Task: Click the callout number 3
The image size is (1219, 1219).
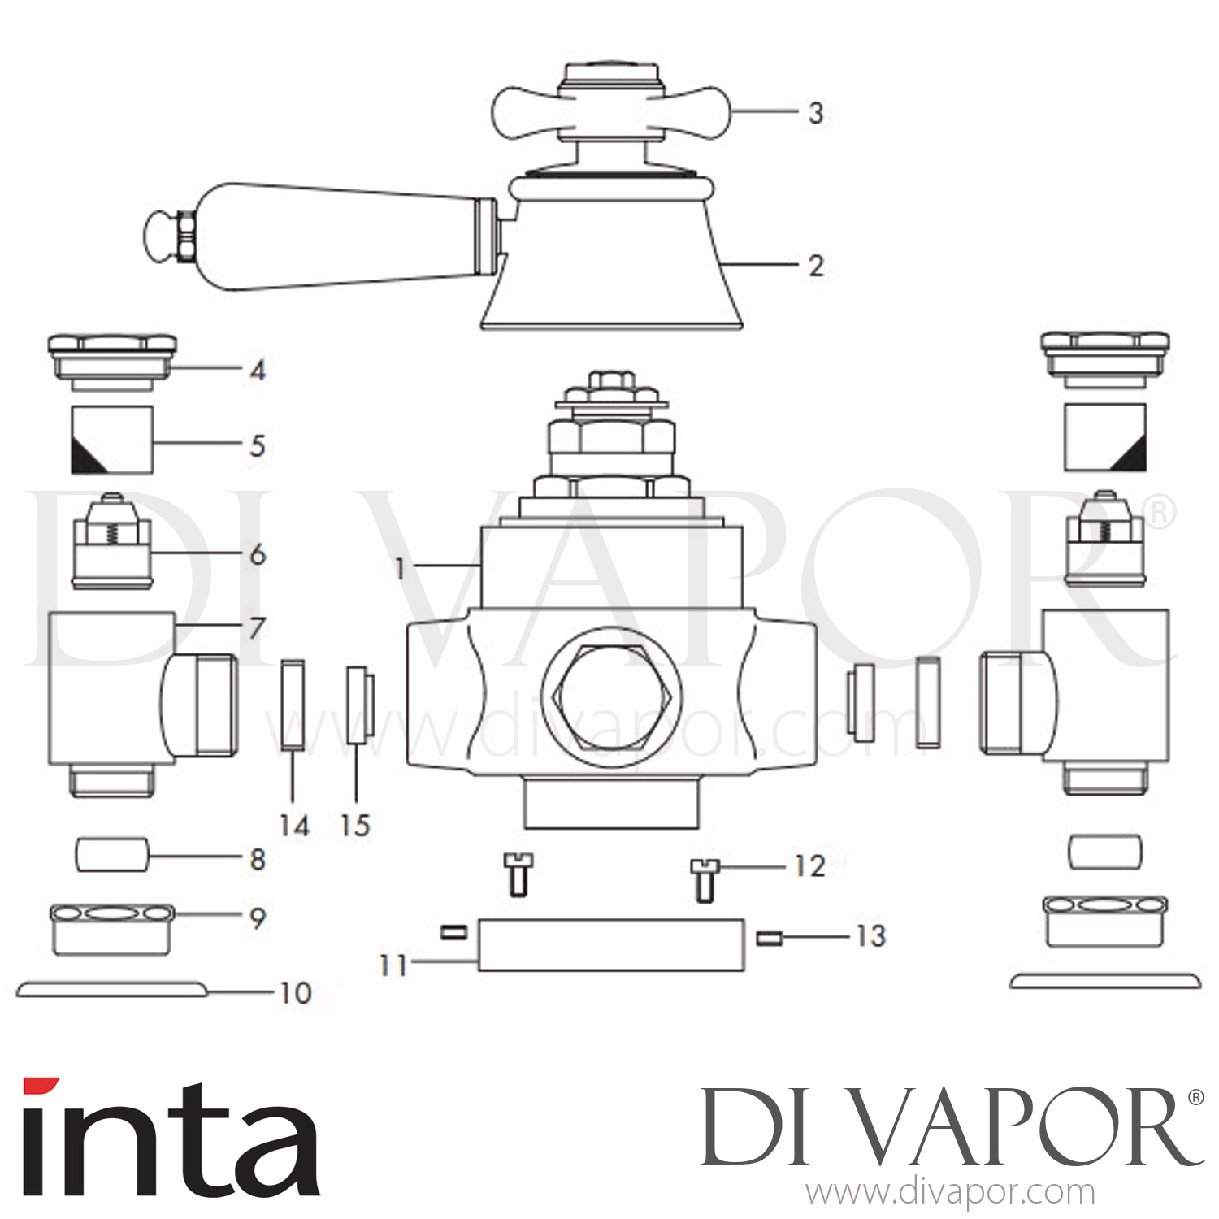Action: coord(816,113)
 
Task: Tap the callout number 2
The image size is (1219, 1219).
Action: coord(816,266)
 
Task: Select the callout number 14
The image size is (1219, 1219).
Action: coord(294,826)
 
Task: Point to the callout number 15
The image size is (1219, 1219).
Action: coord(355,826)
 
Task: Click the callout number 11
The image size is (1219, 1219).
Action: coord(393,966)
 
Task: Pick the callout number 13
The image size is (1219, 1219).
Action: coord(870,936)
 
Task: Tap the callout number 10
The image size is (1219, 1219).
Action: coord(295,993)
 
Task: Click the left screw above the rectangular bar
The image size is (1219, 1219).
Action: coord(515,874)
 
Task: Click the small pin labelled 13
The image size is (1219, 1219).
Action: coord(768,939)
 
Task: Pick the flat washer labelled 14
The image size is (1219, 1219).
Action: coord(293,703)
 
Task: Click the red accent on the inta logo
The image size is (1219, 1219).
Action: coord(41,1087)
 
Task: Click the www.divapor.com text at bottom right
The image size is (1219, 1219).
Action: coord(949,1193)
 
